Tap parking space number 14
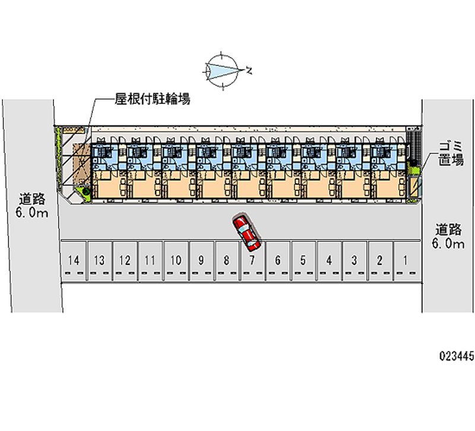click(x=74, y=260)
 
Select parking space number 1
click(x=406, y=260)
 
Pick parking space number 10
click(x=176, y=260)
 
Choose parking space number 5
click(x=303, y=260)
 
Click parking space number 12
click(x=125, y=260)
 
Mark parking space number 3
click(x=354, y=260)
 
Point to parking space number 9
click(x=202, y=260)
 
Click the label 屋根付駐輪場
click(x=152, y=100)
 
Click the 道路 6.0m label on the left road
click(x=28, y=205)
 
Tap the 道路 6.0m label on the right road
click(x=448, y=235)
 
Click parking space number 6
click(x=277, y=260)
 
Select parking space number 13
click(x=99, y=260)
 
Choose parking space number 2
click(x=380, y=260)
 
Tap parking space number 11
click(x=150, y=260)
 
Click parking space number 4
click(x=328, y=260)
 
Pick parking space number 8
click(x=227, y=260)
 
